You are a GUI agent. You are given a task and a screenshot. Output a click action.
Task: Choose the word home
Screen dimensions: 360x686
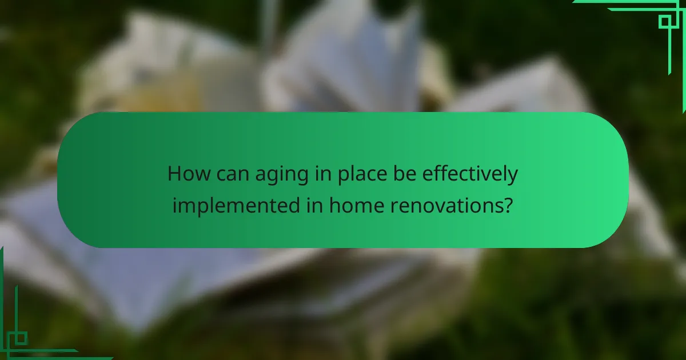(356, 204)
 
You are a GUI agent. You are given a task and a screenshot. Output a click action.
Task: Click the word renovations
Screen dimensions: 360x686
(444, 205)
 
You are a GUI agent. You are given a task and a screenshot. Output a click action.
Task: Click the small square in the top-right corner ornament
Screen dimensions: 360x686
(664, 22)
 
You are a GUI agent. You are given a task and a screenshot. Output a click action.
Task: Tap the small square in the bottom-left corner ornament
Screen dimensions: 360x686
(21, 338)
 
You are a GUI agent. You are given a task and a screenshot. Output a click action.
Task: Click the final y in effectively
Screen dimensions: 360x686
(512, 177)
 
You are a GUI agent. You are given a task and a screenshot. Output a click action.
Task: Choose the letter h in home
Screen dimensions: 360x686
(334, 204)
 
